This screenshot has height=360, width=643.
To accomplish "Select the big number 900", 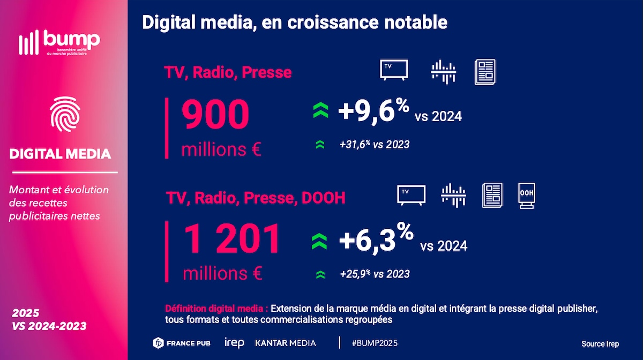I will [216, 116].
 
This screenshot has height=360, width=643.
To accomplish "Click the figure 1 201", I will [233, 239].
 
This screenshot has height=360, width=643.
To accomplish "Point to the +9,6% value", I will [373, 111].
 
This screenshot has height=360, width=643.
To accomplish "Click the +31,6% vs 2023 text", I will [374, 145].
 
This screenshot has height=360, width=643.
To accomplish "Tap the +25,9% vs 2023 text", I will [375, 274].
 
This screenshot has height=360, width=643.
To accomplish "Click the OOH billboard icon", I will [526, 195].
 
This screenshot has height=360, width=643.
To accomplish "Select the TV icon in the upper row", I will [394, 70].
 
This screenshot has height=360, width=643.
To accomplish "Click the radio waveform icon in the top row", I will [443, 71].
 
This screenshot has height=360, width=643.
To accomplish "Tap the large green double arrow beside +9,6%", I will [320, 111].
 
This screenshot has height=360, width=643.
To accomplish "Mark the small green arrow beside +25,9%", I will [320, 274].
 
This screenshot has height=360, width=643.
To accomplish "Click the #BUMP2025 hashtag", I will [375, 343].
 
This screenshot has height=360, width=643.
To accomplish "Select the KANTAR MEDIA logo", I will [286, 343].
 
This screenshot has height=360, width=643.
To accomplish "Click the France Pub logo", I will [182, 343].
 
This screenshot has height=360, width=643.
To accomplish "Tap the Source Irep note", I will [600, 344].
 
